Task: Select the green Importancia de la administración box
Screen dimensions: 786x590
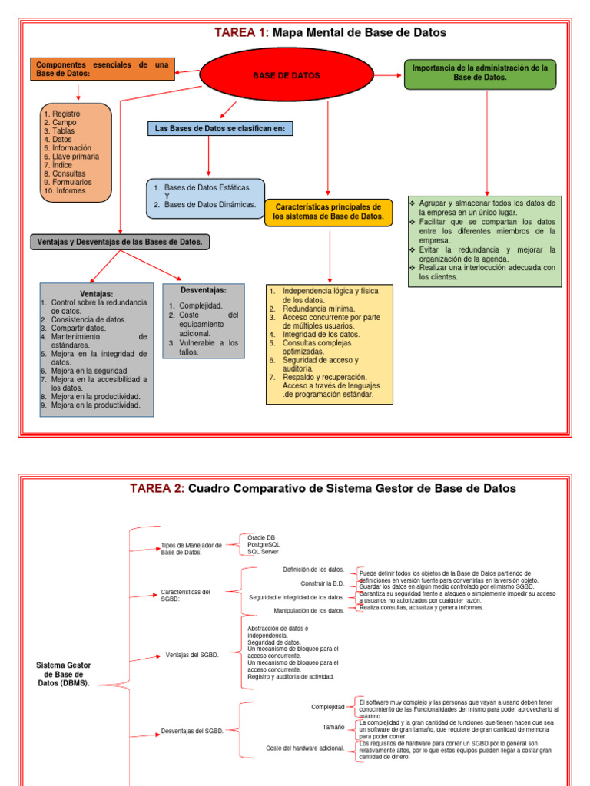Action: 480,73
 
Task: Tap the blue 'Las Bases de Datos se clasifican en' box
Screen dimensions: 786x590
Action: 220,129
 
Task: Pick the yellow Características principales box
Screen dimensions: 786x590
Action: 328,212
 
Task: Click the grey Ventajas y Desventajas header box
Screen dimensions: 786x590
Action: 120,242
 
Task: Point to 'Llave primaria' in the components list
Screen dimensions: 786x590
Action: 74,157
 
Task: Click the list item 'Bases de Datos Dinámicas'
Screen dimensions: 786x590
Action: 210,205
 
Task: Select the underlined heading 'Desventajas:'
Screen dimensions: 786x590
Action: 203,290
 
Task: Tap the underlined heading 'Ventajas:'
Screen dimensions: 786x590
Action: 97,294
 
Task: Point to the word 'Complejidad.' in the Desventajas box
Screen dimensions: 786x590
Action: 201,305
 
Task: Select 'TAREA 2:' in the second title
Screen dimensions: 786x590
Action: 157,488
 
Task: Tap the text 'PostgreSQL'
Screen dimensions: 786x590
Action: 264,544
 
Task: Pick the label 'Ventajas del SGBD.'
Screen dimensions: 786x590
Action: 192,656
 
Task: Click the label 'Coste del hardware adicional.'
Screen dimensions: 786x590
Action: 305,748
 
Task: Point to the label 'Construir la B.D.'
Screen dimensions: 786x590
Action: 323,583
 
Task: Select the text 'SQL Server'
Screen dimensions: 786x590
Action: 263,552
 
